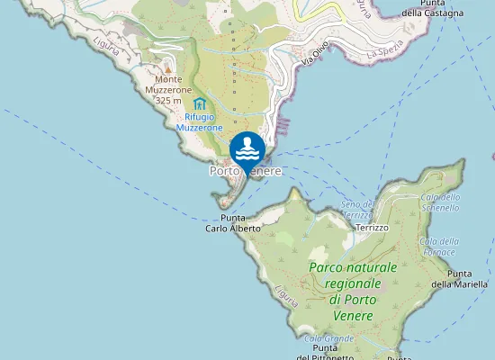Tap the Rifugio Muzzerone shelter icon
point(199,105)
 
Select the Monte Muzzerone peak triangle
point(167,68)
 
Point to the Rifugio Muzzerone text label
point(199,122)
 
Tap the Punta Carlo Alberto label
point(233,223)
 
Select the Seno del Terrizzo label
point(357,210)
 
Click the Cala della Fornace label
point(439,246)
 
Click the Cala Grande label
point(333,338)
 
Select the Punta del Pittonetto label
point(331,353)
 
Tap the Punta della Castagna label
point(433,7)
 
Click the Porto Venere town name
point(246,170)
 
